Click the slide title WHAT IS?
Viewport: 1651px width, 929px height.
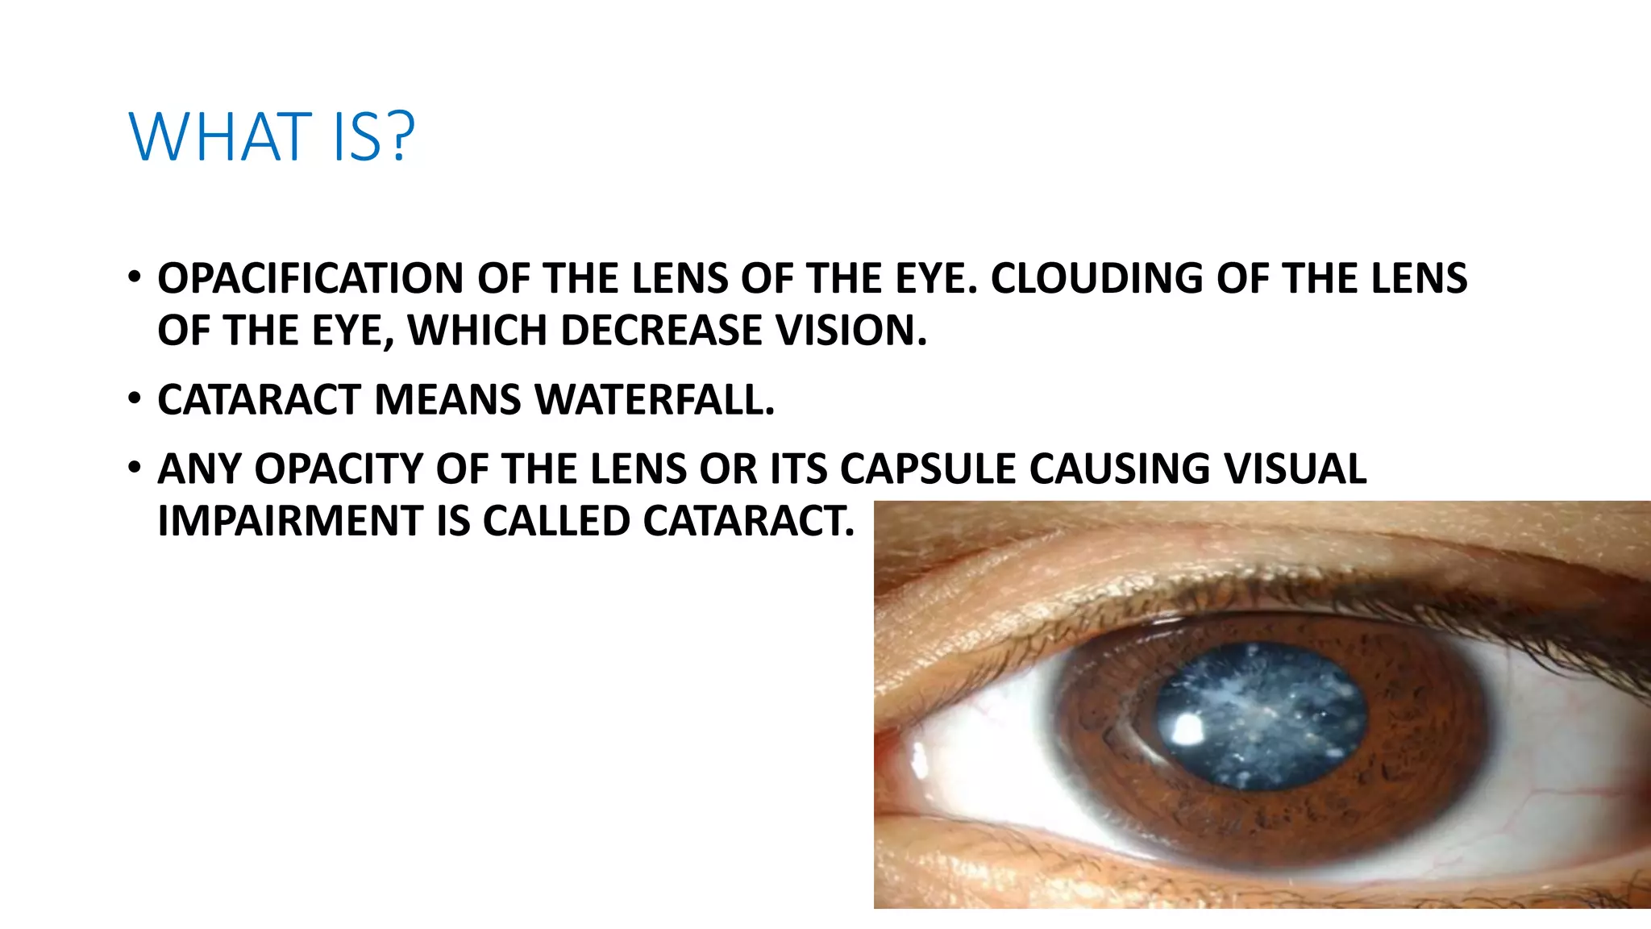[x=272, y=136]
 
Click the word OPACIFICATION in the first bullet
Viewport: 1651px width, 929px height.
[x=311, y=278]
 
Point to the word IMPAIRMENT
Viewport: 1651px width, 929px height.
[x=290, y=521]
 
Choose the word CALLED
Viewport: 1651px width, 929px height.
[x=555, y=521]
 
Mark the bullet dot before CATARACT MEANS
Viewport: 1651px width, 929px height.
[x=135, y=398]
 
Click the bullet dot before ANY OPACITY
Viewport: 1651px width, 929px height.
[x=135, y=468]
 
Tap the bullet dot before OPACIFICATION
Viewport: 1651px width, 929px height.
[x=135, y=277]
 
